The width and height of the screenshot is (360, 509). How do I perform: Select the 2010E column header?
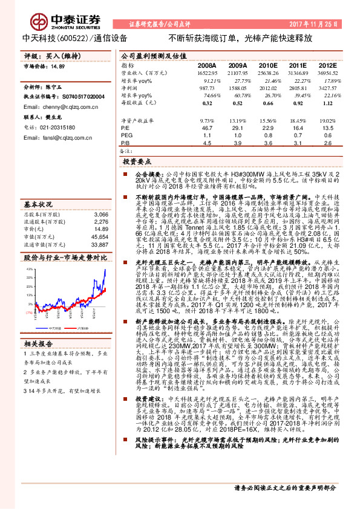268,65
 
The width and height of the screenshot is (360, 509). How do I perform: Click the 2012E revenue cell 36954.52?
327,73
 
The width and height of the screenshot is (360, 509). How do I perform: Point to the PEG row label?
126,136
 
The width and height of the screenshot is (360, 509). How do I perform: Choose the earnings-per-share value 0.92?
298,103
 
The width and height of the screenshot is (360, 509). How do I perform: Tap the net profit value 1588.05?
237,88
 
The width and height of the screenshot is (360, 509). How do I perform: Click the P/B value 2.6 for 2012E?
327,143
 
